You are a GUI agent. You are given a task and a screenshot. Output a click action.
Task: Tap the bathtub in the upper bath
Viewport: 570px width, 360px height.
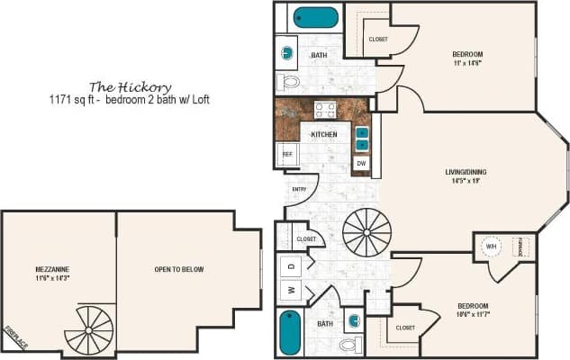click(317, 18)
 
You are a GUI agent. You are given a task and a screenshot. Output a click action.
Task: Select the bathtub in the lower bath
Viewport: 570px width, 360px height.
click(290, 332)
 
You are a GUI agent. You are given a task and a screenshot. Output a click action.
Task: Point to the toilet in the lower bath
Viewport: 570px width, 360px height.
click(349, 344)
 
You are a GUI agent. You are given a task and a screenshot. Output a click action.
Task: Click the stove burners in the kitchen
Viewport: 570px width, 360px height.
click(325, 111)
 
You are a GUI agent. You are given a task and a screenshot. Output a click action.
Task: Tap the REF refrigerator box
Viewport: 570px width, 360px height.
click(287, 154)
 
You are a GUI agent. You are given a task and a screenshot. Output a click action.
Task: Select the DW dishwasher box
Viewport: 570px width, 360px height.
click(361, 164)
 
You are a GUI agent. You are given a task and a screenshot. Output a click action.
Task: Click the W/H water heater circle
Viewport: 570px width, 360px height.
click(492, 246)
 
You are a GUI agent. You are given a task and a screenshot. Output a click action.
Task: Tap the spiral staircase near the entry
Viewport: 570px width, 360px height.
click(366, 233)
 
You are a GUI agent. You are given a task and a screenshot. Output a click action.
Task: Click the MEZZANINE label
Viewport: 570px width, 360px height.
click(55, 268)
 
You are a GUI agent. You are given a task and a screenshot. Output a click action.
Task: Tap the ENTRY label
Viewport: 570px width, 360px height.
click(300, 189)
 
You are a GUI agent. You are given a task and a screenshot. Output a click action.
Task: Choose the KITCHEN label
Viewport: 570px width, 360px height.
click(324, 134)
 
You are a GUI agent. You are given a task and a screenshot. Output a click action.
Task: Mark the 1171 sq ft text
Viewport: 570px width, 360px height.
click(73, 99)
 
